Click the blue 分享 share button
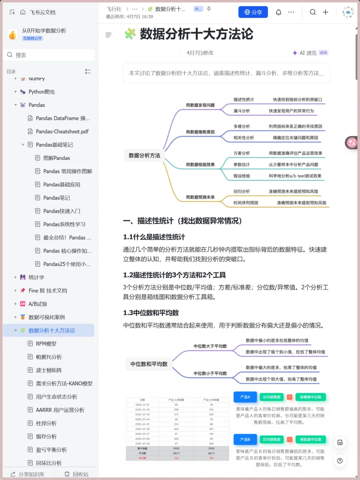click(x=253, y=12)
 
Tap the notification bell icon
click(x=278, y=12)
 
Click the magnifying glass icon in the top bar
click(x=312, y=12)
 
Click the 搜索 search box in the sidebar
click(x=50, y=55)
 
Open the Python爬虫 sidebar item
click(x=41, y=92)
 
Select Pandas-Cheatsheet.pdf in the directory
click(x=62, y=131)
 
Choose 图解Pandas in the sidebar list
click(x=56, y=158)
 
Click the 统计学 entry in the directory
click(x=36, y=277)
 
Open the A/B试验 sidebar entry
click(x=38, y=304)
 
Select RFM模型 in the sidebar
click(x=46, y=344)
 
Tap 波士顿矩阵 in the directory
click(x=49, y=370)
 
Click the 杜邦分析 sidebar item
click(x=46, y=423)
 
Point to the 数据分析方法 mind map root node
click(x=144, y=156)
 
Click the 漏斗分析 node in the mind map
click(x=242, y=111)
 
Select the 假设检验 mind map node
click(x=242, y=176)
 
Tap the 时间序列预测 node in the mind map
click(x=246, y=203)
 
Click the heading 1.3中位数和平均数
click(x=151, y=313)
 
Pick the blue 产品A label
click(x=245, y=397)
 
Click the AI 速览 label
click(x=308, y=53)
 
